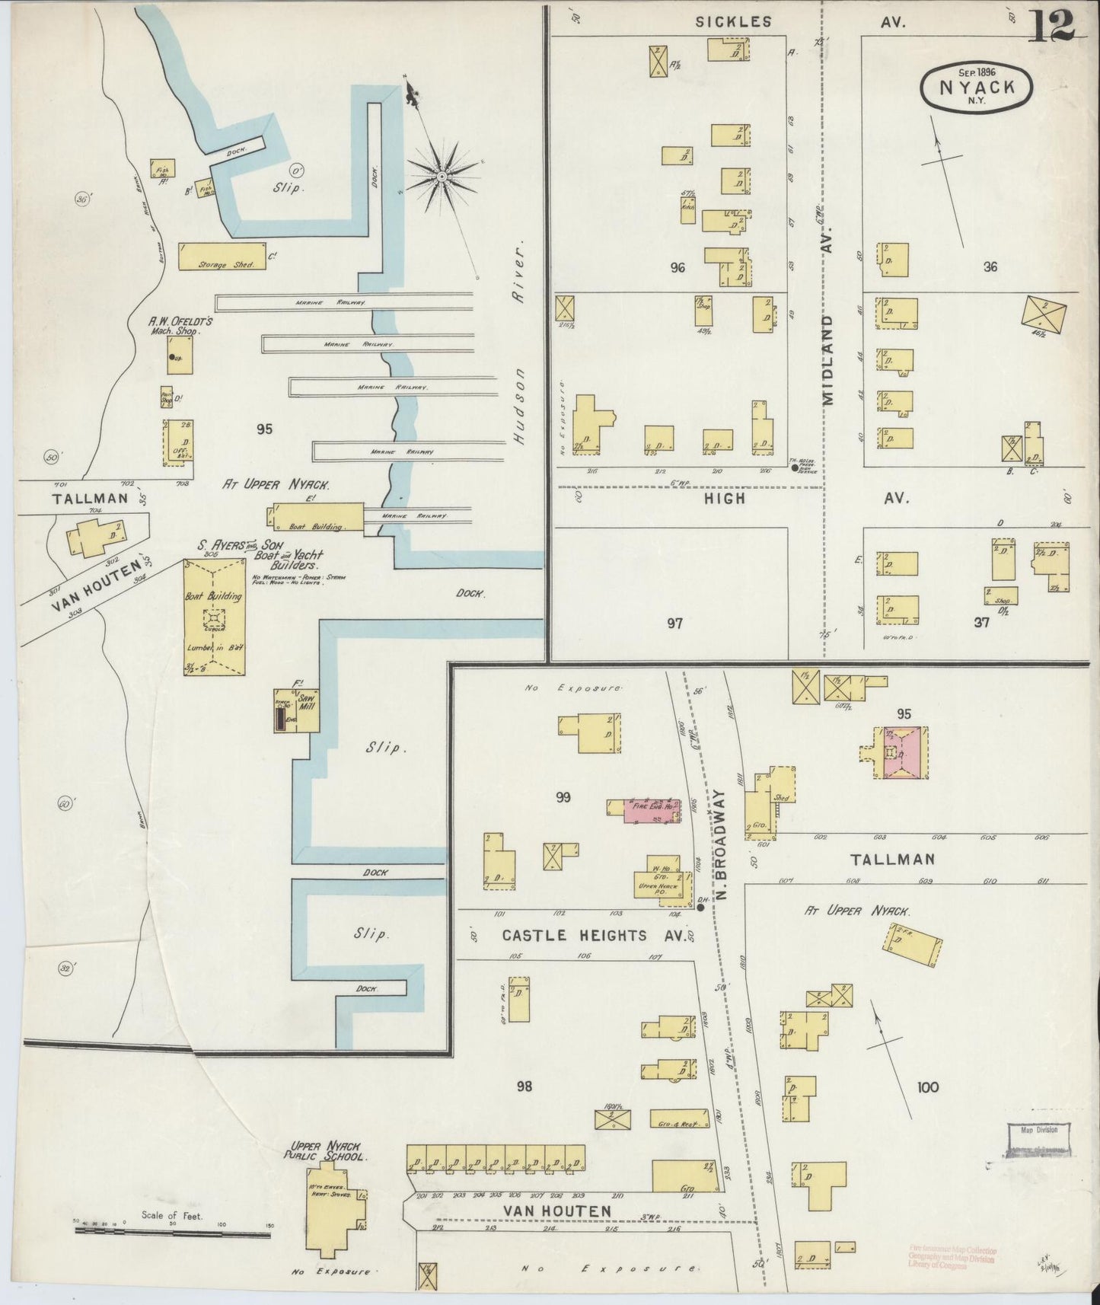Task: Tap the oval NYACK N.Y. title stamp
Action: point(977,88)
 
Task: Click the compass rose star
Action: point(442,178)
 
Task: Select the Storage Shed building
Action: point(222,257)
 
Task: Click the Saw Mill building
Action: point(297,711)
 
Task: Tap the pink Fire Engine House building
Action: point(653,811)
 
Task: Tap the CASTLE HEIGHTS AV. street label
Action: point(585,935)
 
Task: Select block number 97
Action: point(674,624)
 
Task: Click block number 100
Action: point(928,1087)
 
